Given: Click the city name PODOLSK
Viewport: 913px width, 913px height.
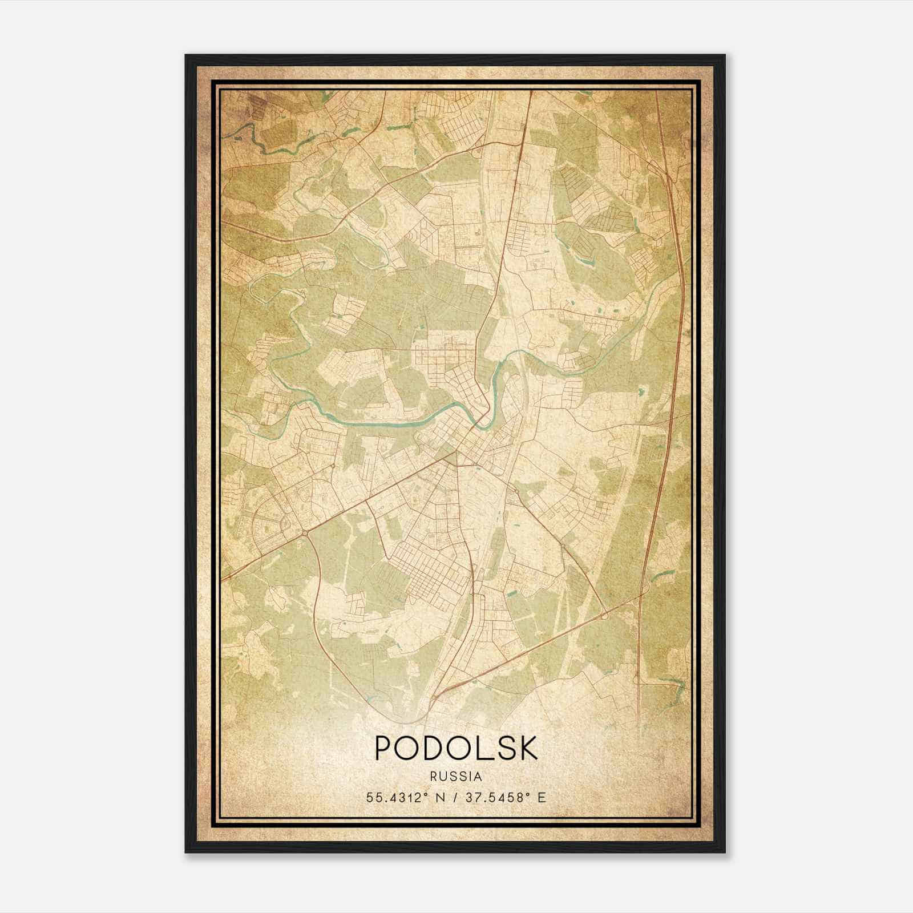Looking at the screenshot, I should click(x=456, y=748).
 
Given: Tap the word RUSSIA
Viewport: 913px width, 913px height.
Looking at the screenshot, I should click(x=456, y=777).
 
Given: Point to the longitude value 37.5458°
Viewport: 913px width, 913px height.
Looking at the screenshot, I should click(x=493, y=797).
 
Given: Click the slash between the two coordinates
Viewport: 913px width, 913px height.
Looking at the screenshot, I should click(x=454, y=797).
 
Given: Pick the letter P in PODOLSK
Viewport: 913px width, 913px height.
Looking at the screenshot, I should click(x=384, y=748).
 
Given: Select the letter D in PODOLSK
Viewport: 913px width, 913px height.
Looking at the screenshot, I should click(x=438, y=748).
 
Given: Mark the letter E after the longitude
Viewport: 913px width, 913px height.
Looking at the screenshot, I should click(x=542, y=797).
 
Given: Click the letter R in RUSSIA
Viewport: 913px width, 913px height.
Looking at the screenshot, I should click(x=434, y=777).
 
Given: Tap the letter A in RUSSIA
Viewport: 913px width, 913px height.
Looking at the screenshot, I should click(x=478, y=777).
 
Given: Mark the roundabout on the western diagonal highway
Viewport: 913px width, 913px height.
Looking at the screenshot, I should click(x=306, y=533).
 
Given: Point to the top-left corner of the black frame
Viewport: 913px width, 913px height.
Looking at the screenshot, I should click(x=186, y=55).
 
